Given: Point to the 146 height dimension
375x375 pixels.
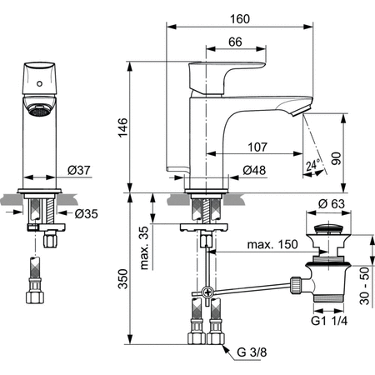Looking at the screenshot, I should click(x=124, y=127).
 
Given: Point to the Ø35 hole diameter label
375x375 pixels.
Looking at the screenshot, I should click(x=83, y=212).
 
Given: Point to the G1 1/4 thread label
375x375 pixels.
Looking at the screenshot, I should click(x=330, y=320).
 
